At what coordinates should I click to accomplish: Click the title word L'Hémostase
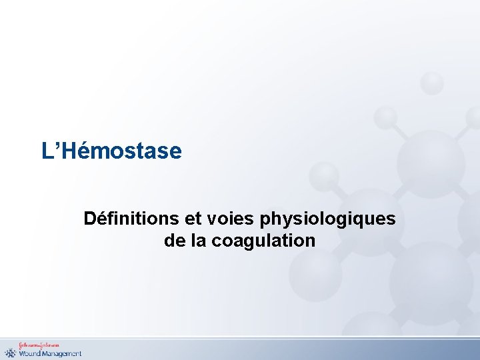111,151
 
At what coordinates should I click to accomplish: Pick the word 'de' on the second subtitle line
173,240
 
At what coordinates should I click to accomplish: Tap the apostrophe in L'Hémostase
55,145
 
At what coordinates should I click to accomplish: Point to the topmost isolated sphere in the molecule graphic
433,82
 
